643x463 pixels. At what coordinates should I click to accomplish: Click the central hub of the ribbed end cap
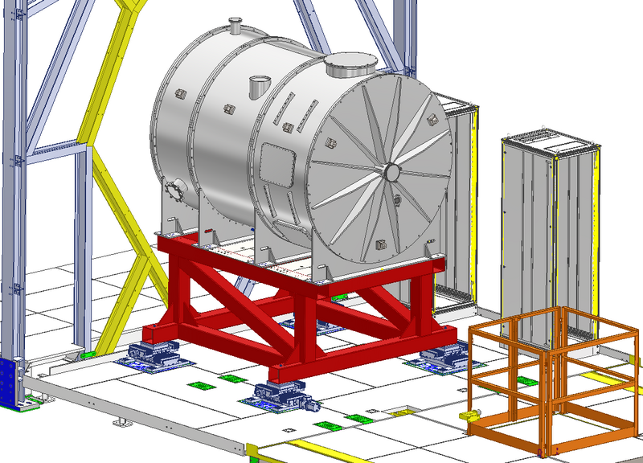[x=392, y=171]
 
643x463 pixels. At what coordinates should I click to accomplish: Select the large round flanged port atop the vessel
[x=350, y=64]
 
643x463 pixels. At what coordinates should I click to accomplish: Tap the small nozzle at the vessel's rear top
[x=235, y=27]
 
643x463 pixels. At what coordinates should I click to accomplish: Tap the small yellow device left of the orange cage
[x=468, y=416]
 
